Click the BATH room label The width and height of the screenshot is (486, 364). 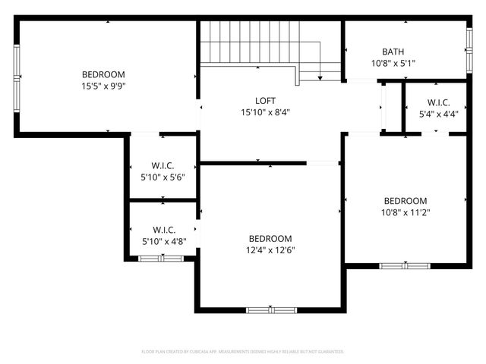tap(393, 52)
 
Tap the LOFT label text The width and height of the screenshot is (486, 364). tap(265, 101)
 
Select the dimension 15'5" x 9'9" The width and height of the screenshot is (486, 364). tap(103, 86)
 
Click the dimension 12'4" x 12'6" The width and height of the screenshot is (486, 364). tap(270, 249)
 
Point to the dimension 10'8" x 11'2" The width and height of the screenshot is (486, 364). tap(405, 212)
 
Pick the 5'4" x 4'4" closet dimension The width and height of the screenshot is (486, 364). tap(438, 115)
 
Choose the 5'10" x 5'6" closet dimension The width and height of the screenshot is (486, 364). tap(163, 177)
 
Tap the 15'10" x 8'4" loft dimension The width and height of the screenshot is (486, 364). tap(265, 112)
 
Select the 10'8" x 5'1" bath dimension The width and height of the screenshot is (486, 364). tap(393, 63)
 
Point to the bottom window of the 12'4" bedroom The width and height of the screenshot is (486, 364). tap(271, 309)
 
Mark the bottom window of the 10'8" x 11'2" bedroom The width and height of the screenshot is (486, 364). tap(405, 265)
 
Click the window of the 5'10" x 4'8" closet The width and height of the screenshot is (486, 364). tap(161, 259)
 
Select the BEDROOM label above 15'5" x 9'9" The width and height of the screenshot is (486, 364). tap(103, 74)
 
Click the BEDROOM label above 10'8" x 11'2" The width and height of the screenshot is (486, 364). tap(405, 201)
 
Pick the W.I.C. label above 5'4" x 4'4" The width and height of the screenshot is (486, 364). tap(438, 103)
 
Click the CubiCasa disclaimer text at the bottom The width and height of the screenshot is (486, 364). tap(243, 352)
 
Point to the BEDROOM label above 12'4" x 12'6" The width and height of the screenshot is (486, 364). tap(270, 238)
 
